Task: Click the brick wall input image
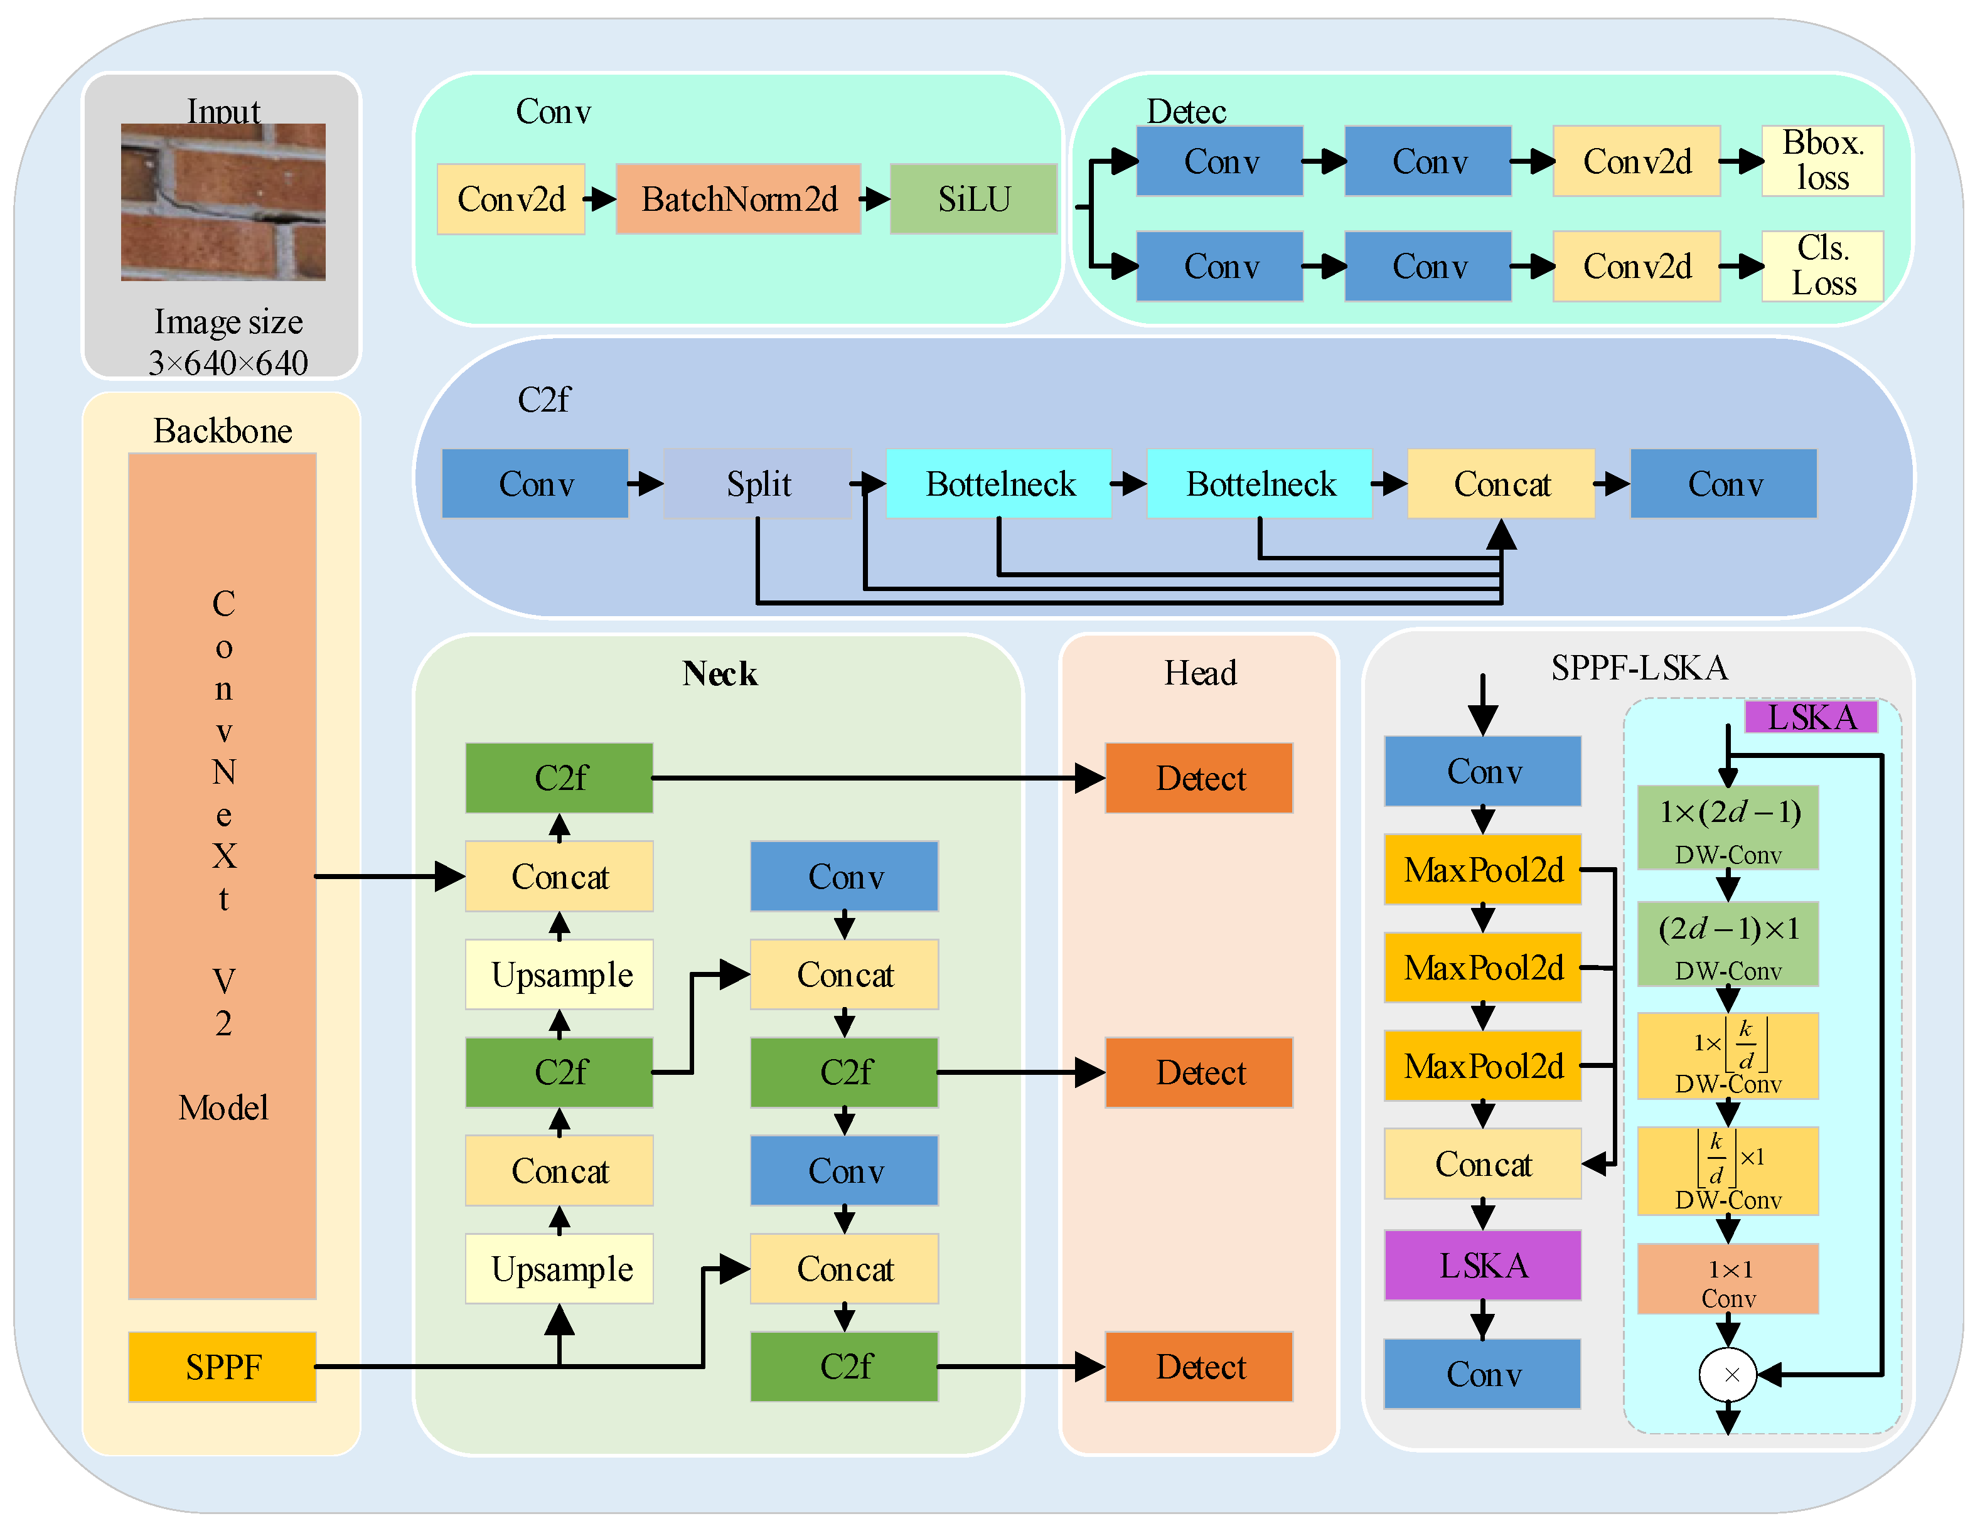(x=223, y=201)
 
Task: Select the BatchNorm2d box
(x=738, y=198)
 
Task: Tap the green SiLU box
(x=973, y=198)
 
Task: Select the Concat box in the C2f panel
(x=1501, y=483)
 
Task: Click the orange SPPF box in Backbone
(x=222, y=1366)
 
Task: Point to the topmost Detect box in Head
(x=1199, y=778)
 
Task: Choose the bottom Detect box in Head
(x=1199, y=1366)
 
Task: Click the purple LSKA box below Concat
(x=1482, y=1264)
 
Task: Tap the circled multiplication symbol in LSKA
(x=1727, y=1374)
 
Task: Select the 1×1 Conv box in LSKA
(x=1727, y=1278)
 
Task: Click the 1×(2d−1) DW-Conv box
(x=1727, y=827)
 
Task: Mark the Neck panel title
(x=719, y=673)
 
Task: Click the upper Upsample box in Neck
(x=559, y=974)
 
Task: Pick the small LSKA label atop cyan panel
(x=1811, y=717)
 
